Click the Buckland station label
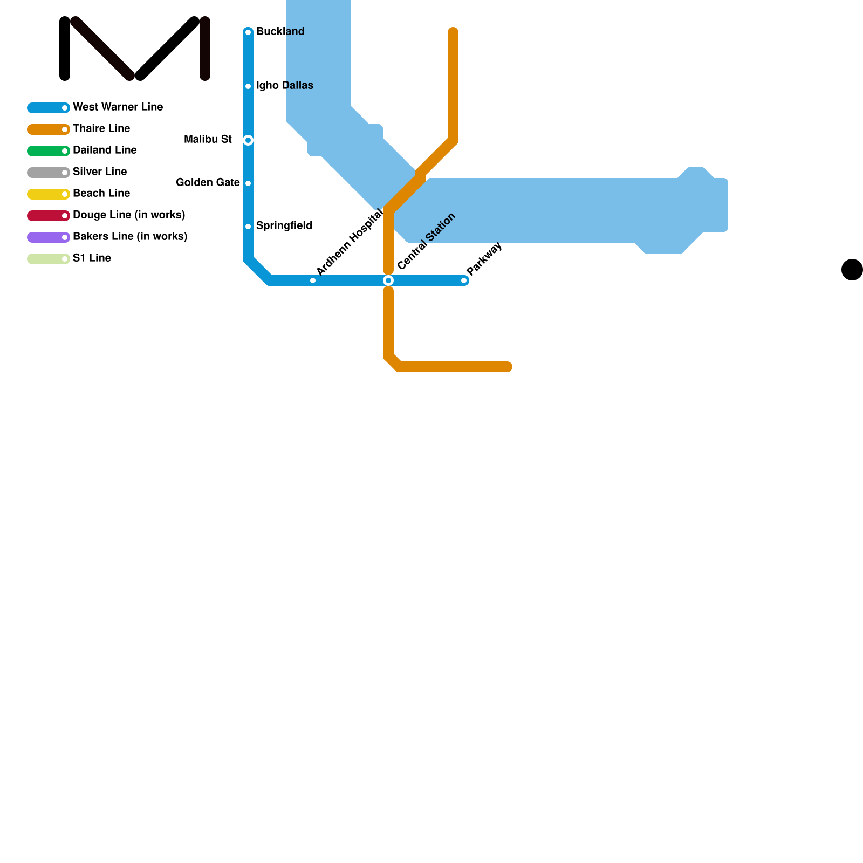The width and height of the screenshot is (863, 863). pos(280,32)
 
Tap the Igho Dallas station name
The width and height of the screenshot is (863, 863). pos(284,86)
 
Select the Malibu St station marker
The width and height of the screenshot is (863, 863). pos(248,140)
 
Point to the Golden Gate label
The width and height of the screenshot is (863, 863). pos(208,183)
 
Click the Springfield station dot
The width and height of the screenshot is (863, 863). pos(248,227)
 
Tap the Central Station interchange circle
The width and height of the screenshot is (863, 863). pos(388,280)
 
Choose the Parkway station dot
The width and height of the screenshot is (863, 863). pos(464,280)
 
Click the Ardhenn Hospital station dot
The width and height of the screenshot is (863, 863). pos(313,280)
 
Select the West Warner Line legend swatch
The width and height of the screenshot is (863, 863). pos(48,108)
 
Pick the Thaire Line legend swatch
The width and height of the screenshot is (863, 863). pos(48,129)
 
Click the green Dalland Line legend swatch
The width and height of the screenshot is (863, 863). pos(48,151)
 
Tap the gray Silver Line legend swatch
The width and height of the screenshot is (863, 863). pos(48,173)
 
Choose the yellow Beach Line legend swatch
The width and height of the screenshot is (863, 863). pos(48,194)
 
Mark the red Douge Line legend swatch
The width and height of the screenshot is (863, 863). pos(48,216)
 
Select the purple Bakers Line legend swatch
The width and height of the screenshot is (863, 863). pos(48,237)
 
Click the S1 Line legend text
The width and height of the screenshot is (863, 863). pos(92,258)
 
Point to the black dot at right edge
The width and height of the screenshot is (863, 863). pos(852,270)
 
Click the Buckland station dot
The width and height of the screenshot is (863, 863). pos(248,32)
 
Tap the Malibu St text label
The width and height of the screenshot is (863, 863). pos(208,140)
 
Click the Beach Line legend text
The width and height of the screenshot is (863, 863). pos(101,194)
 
